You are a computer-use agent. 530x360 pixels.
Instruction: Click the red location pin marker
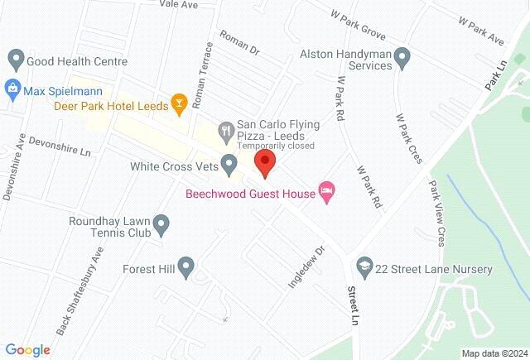click(x=264, y=161)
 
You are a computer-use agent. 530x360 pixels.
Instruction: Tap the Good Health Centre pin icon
click(x=15, y=60)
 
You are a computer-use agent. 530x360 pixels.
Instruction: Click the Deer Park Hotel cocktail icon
click(x=177, y=103)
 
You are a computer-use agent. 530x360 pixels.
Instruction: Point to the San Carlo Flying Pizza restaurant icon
click(x=224, y=130)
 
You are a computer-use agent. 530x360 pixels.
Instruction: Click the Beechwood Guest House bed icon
click(x=328, y=194)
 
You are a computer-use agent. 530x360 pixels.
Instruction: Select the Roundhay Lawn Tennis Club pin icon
click(x=161, y=223)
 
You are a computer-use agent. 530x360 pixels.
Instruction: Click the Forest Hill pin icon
click(x=187, y=267)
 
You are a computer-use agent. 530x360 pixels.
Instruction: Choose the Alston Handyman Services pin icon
click(x=402, y=58)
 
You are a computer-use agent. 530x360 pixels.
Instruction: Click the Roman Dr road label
click(x=239, y=43)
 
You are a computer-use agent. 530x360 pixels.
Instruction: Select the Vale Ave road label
click(x=180, y=4)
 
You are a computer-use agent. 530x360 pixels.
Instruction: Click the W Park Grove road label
click(x=358, y=26)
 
